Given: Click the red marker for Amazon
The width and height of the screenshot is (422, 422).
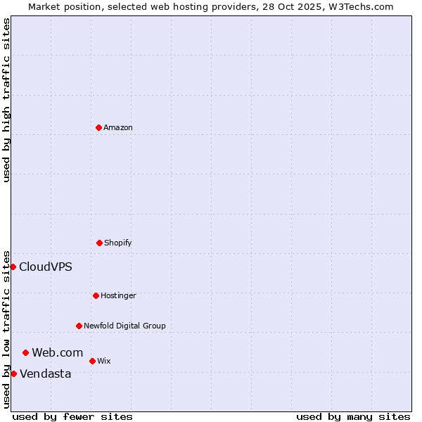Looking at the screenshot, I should coord(98,127).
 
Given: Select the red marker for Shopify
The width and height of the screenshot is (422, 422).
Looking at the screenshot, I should coord(99,243).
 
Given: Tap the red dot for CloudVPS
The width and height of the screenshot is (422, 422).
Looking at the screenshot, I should coord(13,267).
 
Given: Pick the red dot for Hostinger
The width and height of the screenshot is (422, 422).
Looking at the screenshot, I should coord(96,295).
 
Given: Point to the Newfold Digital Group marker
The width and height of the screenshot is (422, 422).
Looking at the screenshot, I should coord(79,326).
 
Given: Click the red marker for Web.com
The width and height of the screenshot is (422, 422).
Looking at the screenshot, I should coord(25,352).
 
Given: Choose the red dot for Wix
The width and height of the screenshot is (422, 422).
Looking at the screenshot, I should coord(92,361).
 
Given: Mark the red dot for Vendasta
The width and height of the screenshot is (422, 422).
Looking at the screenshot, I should coord(13,373).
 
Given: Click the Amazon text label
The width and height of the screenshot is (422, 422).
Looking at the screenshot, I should coord(118,128).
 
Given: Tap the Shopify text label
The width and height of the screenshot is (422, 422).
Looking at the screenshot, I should coord(118,243).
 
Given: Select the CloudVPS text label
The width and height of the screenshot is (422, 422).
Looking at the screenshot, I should coord(45,267).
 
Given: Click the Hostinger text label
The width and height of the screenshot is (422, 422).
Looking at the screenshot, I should coord(118,296).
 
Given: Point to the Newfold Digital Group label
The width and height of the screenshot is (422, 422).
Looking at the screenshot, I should coord(124,326).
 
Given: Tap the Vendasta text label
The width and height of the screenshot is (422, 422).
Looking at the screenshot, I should coord(45,374).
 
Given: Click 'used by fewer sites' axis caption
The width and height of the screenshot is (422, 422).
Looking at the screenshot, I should coord(72,416).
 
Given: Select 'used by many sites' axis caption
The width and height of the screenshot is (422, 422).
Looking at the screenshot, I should coord(353,416).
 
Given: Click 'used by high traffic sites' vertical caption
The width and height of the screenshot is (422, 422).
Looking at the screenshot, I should coord(6,100).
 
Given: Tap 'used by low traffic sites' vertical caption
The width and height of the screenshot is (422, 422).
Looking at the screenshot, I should coord(6,329).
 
